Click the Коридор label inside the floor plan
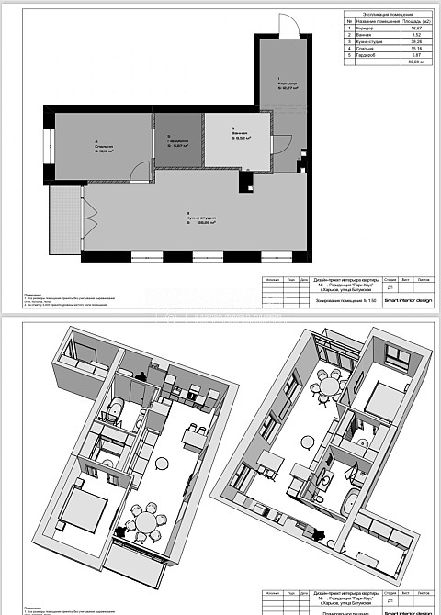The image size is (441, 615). coord(282,84)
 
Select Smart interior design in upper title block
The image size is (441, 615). coord(407,300)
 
